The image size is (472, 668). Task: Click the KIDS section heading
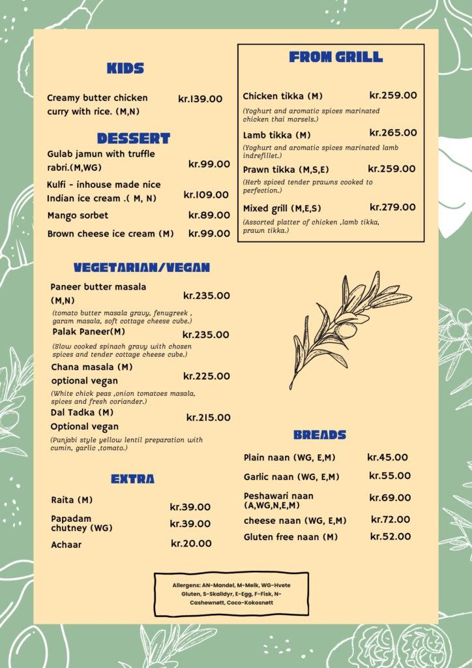point(125,68)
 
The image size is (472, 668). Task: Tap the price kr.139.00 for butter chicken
point(200,99)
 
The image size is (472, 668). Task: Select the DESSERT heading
point(133,138)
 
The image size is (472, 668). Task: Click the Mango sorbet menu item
point(78,215)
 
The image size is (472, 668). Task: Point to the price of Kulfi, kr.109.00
point(206,194)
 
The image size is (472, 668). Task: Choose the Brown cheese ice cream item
point(110,234)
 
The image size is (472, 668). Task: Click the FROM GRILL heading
point(336,57)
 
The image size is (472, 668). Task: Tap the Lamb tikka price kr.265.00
point(393,132)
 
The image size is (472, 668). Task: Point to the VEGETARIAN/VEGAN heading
point(141,267)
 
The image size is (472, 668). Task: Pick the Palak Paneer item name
point(88,331)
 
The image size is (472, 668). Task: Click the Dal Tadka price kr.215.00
point(208,417)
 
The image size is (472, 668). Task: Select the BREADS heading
point(319,434)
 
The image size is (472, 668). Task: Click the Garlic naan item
point(291,477)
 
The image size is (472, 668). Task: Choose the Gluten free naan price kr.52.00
point(391,536)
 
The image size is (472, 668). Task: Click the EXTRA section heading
point(132,479)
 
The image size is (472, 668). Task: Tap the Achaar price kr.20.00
point(191,543)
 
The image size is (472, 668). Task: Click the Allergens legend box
point(231,594)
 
